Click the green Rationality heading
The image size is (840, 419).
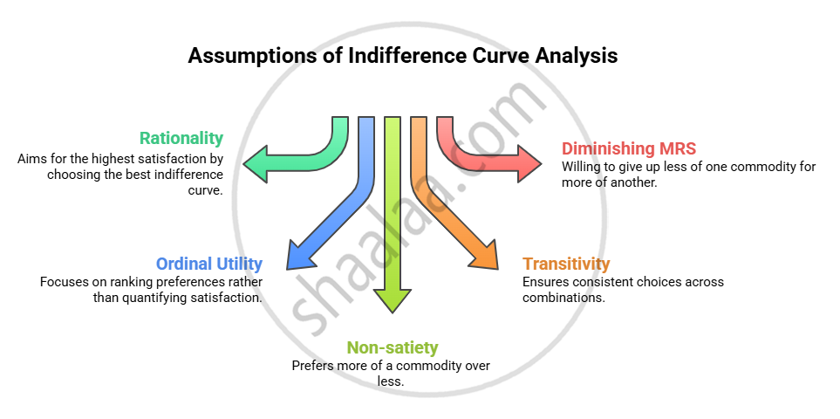[181, 138]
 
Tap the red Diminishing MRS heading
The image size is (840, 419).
[628, 148]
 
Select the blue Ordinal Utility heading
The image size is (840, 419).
[209, 264]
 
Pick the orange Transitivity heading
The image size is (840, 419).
[566, 264]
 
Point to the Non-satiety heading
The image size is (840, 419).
[393, 347]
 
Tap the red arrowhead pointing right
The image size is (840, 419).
[529, 162]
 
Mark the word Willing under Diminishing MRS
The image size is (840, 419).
[582, 167]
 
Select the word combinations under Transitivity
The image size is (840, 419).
[563, 297]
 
